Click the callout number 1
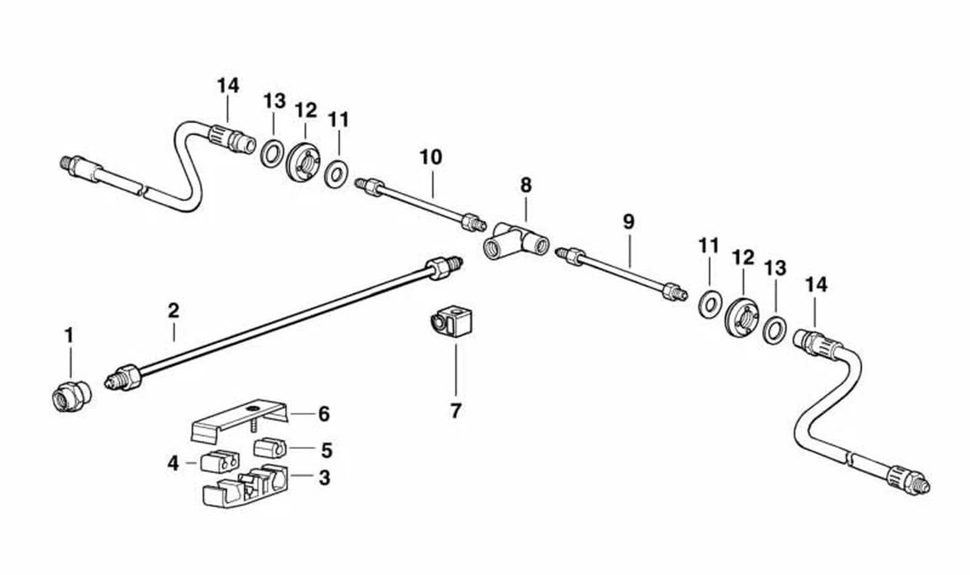click(69, 335)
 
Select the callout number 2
click(173, 311)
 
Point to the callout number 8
click(526, 185)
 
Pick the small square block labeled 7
click(451, 321)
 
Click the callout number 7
click(455, 411)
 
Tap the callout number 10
click(431, 157)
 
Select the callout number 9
click(629, 222)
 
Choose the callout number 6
click(324, 414)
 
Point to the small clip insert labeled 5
click(270, 449)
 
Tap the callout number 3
click(324, 477)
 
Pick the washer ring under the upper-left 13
click(273, 153)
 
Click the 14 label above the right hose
click(816, 285)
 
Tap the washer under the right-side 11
click(711, 304)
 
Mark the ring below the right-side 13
click(775, 330)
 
